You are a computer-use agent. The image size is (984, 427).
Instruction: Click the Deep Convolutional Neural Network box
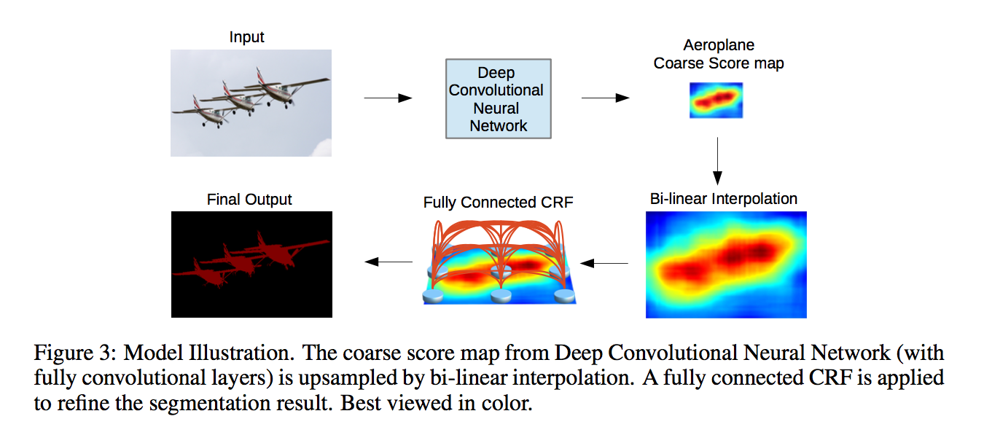(499, 100)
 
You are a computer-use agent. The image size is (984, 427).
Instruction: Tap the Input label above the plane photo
(247, 37)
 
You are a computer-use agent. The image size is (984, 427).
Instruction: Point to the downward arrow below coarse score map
(717, 160)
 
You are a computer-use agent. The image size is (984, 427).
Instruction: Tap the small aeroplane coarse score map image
(716, 101)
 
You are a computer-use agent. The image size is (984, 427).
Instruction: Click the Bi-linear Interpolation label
(724, 198)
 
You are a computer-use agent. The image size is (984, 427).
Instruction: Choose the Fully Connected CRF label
(499, 202)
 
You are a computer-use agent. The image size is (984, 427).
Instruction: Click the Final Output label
(249, 199)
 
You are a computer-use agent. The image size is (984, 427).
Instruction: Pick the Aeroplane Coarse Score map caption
(719, 55)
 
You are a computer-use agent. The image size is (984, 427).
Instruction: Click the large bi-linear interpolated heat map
(726, 265)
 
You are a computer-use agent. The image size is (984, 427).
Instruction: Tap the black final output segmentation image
(251, 264)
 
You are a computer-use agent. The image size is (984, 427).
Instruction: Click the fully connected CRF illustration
(499, 259)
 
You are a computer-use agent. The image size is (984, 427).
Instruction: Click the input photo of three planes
(251, 102)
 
